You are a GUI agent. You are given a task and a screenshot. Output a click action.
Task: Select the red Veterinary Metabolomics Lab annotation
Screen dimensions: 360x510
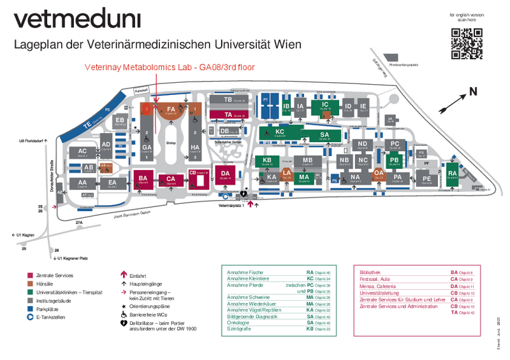click(170, 67)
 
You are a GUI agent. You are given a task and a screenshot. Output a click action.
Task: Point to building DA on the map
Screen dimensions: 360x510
click(225, 174)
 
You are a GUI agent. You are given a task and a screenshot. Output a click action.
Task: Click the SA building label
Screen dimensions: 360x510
click(324, 135)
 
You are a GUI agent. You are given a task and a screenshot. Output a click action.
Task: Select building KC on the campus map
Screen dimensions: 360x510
click(279, 133)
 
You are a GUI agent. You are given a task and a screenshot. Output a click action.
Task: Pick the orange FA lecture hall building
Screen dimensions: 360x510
click(171, 111)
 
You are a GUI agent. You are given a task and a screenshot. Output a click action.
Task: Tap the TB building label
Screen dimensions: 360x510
click(228, 100)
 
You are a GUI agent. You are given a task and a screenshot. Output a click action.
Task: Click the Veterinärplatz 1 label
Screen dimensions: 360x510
click(232, 206)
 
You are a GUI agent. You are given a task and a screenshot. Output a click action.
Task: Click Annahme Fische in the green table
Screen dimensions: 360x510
click(245, 273)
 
